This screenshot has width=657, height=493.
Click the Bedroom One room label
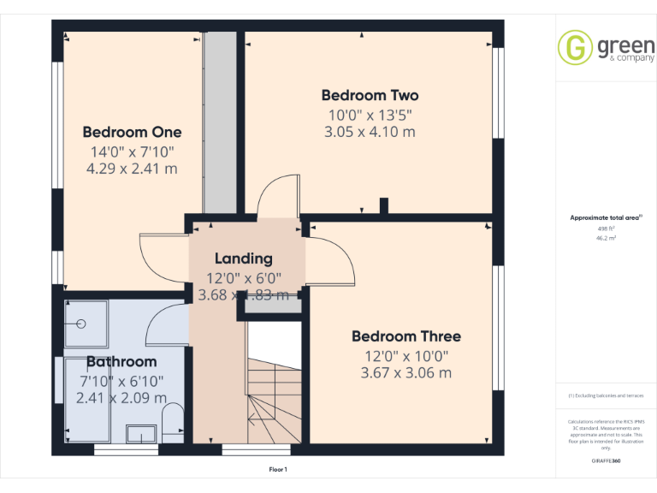132,132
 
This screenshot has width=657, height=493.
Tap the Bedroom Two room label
370,95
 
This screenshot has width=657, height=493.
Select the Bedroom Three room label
405,336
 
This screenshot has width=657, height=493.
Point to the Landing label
243,258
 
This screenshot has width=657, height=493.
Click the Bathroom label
121,362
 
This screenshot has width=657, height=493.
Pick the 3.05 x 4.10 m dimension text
370,132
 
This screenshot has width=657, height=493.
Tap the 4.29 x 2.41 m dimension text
132,169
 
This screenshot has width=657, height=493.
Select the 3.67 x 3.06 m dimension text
405,372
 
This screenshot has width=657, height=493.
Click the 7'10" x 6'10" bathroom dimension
121,381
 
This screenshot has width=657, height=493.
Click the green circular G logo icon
575,47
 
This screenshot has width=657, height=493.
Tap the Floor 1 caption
278,469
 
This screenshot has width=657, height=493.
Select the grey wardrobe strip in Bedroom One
221,124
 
